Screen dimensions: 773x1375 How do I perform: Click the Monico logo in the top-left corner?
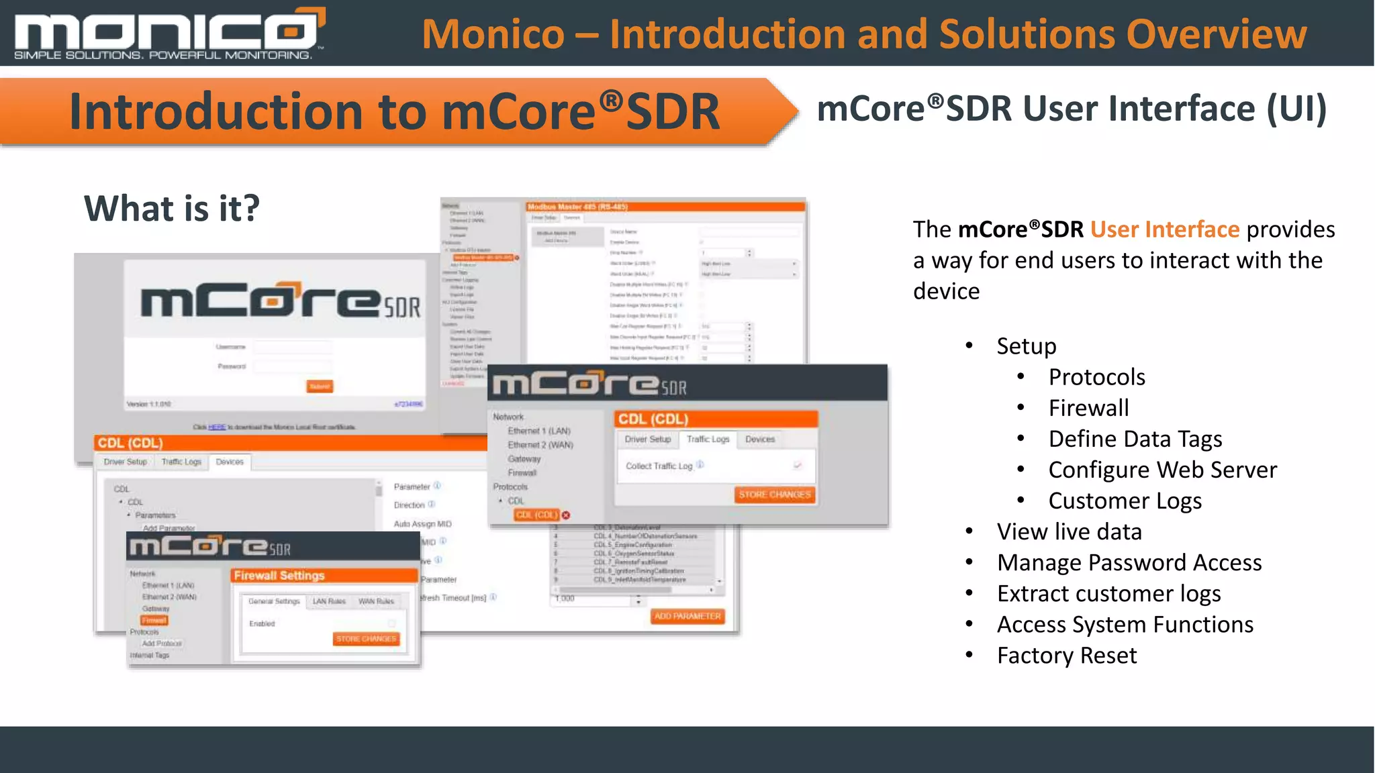pos(168,34)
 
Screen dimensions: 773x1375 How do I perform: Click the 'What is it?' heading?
pos(172,208)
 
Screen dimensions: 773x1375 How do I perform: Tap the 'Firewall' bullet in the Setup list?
pos(1088,408)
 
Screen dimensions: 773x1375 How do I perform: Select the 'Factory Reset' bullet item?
pos(1067,656)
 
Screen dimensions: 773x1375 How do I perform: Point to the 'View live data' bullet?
pos(1069,532)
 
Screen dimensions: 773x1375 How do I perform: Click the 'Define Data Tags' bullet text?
pos(1135,439)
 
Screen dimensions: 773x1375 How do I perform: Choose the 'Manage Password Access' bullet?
pos(1129,563)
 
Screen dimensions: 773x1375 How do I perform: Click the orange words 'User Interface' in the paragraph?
pos(1165,229)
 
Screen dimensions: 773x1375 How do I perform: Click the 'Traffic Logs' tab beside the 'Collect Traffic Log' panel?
pos(708,440)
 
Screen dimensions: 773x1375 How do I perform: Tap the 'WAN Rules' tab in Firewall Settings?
pos(376,601)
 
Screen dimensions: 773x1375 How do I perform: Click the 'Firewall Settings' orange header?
pos(279,576)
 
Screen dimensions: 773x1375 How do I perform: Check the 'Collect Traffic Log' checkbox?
pos(798,465)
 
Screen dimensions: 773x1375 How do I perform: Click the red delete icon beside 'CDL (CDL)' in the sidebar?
pos(566,515)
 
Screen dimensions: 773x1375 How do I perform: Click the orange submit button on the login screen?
pos(320,386)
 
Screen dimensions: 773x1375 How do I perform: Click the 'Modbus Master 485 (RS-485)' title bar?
pos(577,207)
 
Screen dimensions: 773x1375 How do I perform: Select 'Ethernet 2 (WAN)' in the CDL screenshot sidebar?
pos(540,445)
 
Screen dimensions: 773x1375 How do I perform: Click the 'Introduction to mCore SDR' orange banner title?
pos(394,111)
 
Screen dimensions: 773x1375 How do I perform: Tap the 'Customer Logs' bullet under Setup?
pos(1125,501)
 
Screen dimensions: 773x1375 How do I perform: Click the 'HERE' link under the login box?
pos(217,427)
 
